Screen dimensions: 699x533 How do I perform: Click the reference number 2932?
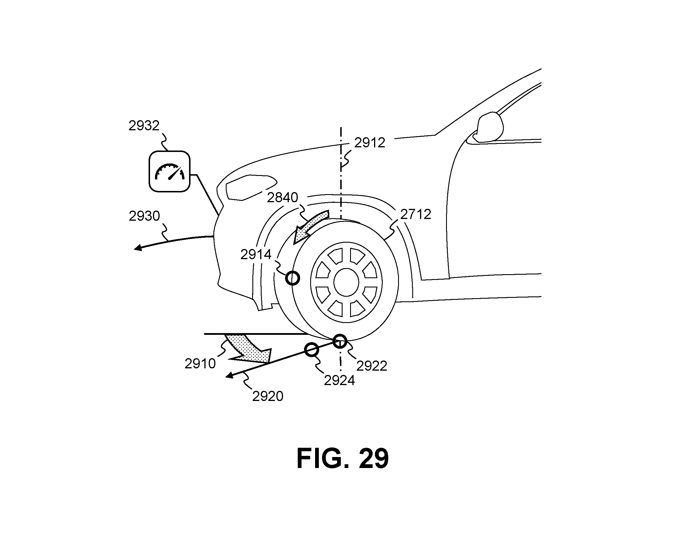point(144,126)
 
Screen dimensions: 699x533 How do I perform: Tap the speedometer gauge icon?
point(169,171)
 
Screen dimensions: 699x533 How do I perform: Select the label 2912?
point(369,143)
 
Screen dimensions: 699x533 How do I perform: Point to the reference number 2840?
point(282,198)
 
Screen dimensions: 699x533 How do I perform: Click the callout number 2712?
point(415,214)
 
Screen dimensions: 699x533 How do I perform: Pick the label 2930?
point(144,216)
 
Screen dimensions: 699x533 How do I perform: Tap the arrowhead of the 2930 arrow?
point(138,248)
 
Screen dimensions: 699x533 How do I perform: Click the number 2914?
point(256,255)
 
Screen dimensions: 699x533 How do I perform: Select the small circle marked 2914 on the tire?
point(292,278)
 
